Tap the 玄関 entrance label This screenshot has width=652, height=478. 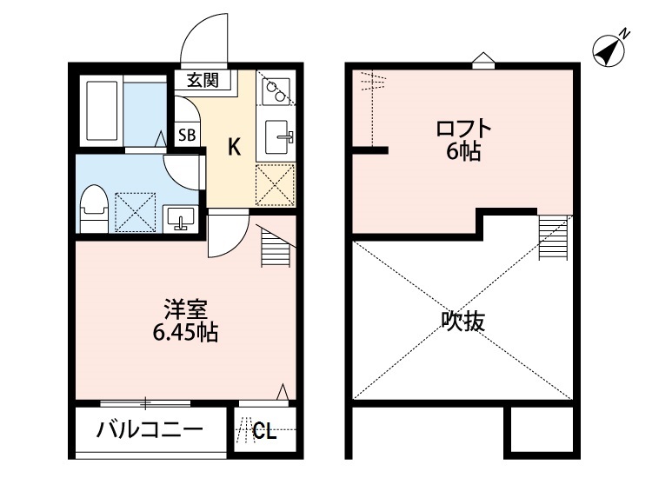(x=203, y=81)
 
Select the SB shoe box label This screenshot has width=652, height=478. (x=187, y=134)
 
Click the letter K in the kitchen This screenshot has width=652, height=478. (x=234, y=147)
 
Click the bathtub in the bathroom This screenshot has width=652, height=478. (x=102, y=112)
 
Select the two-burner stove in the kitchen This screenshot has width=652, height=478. (x=276, y=90)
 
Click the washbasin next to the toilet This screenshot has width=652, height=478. (x=182, y=217)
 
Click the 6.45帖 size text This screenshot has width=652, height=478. (x=183, y=331)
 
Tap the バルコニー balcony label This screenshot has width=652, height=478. (x=150, y=430)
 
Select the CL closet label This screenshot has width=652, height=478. (x=265, y=431)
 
